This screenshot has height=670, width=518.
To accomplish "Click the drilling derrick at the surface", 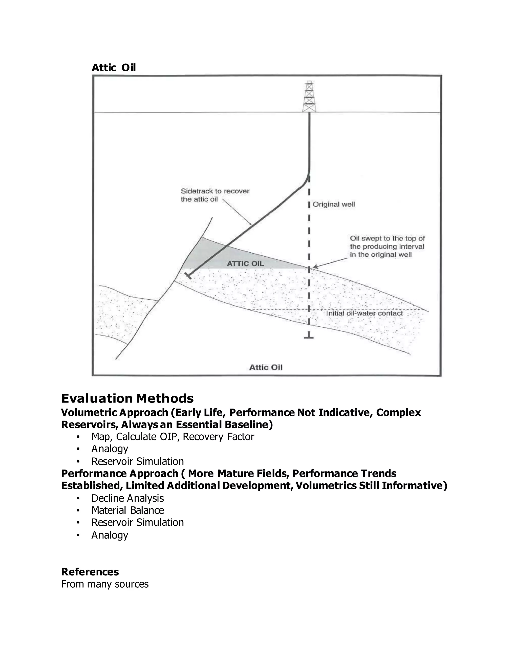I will [309, 97].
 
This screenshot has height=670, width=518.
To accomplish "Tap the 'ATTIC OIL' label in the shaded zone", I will [245, 263].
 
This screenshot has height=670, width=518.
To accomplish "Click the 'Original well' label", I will [334, 204].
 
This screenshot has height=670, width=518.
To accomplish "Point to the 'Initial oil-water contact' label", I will [364, 313].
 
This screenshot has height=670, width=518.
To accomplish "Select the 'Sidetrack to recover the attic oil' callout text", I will [215, 195].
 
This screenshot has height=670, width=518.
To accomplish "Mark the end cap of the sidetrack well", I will [188, 276].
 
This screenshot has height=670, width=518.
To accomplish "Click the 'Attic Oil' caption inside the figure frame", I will [265, 367].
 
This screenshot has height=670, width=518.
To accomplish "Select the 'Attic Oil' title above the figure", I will [114, 68].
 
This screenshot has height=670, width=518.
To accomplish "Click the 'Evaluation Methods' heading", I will [127, 398].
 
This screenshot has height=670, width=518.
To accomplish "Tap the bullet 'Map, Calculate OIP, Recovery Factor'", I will [172, 437].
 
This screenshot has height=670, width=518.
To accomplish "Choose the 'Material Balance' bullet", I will [127, 510].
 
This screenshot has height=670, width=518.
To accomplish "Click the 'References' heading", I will [90, 572].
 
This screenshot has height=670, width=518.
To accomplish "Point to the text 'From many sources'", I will [105, 584].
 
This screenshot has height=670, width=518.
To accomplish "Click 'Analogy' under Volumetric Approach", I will [110, 449].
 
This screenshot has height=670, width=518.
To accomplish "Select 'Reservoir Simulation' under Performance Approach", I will [138, 522].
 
